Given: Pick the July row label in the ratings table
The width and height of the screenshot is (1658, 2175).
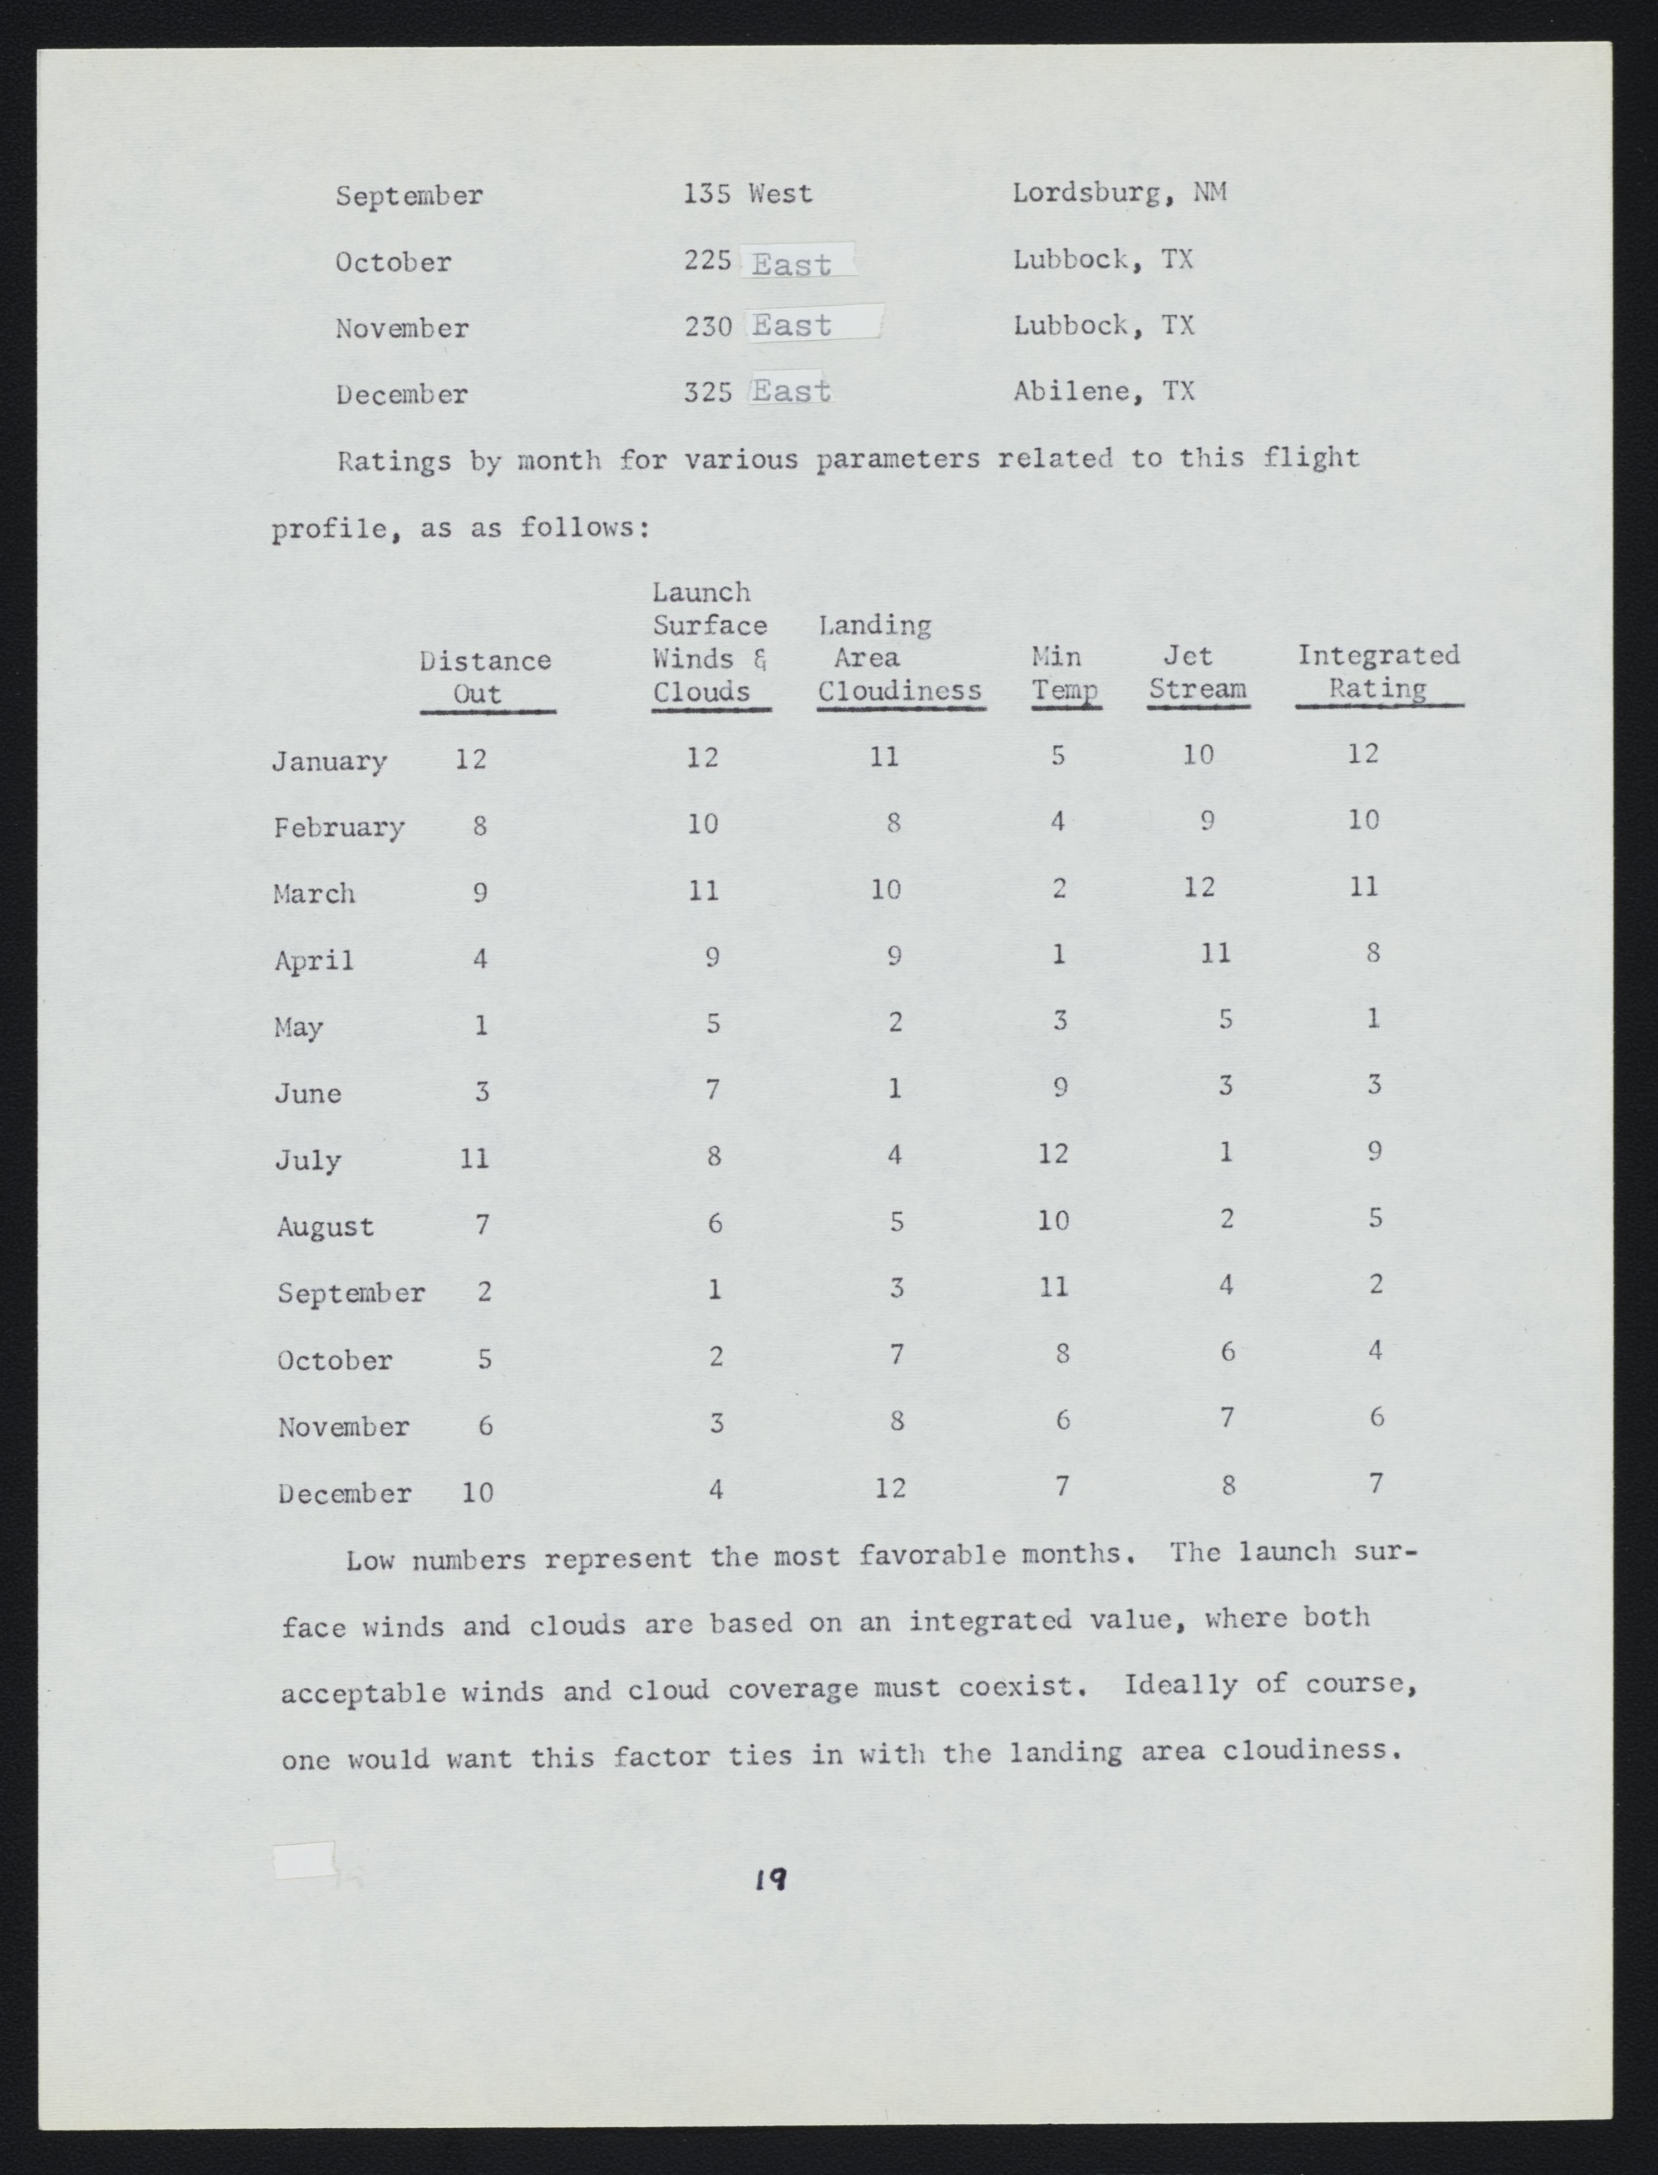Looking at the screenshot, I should pyautogui.click(x=308, y=1159).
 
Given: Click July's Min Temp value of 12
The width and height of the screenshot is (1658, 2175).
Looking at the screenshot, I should pyautogui.click(x=1053, y=1153).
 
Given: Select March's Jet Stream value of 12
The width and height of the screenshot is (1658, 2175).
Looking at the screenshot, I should pyautogui.click(x=1199, y=887).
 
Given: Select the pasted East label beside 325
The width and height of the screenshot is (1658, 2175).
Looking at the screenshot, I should pyautogui.click(x=791, y=392).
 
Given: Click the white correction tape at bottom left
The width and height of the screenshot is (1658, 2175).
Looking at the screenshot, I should pyautogui.click(x=304, y=1860).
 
